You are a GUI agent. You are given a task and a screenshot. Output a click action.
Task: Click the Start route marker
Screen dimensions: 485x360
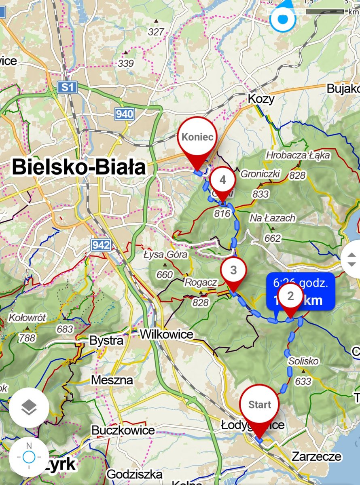[259, 405]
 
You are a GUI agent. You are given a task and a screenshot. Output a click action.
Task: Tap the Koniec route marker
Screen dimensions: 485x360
[197, 137]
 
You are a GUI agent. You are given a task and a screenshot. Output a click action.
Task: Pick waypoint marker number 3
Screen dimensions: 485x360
[233, 270]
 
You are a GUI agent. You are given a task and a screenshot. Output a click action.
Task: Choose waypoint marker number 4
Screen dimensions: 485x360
[223, 180]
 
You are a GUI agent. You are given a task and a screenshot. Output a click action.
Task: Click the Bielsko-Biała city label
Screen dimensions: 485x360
[79, 167]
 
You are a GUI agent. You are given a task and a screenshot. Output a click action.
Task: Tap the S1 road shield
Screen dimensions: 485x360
[67, 87]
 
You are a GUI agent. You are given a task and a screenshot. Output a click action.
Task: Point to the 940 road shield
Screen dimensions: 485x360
[124, 114]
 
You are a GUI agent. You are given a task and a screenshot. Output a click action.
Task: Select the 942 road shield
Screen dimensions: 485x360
[101, 245]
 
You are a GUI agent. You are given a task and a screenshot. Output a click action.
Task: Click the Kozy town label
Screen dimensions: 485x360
[261, 99]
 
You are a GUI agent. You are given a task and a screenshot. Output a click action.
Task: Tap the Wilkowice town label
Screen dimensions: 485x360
[167, 334]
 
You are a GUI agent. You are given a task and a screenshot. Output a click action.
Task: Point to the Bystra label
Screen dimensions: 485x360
[106, 341]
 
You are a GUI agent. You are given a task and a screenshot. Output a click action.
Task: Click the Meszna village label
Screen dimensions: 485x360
[112, 380]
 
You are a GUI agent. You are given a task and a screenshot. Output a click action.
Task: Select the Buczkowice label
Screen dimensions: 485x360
[123, 430]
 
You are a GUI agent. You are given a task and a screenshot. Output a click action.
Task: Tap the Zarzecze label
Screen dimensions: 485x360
[317, 457]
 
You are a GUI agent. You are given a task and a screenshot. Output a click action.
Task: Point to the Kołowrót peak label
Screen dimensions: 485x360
[27, 317]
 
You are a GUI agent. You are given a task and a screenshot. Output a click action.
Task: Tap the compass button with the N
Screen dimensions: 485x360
[29, 457]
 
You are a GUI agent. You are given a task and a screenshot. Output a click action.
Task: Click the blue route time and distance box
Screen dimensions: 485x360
[300, 291]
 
